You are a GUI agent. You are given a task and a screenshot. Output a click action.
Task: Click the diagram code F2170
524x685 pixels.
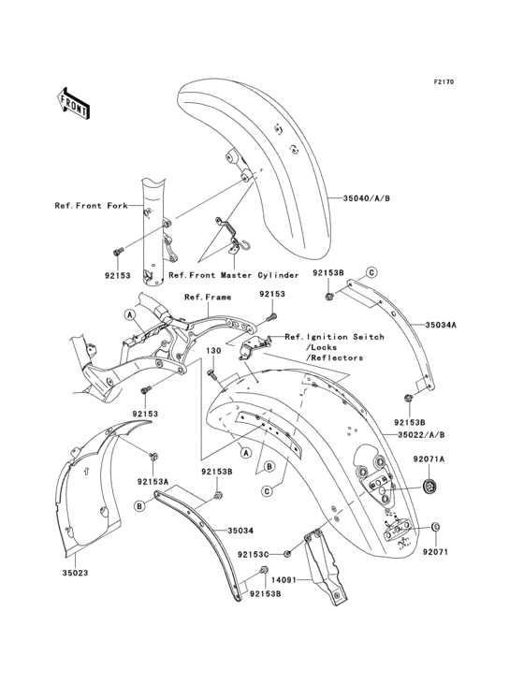443,82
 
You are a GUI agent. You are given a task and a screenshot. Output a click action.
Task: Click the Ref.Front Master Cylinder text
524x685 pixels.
233,275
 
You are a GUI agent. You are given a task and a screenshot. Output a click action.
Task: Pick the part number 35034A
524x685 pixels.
443,325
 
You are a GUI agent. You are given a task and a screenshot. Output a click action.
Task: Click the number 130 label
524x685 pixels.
213,350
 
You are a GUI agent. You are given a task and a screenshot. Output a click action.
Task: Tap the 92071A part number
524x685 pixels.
429,459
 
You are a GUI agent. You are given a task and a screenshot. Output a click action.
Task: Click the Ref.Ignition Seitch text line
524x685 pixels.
325,337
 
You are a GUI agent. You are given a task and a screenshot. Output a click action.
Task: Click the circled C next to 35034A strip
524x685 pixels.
371,271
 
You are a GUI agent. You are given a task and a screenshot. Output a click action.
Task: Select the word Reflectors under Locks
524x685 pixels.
333,357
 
